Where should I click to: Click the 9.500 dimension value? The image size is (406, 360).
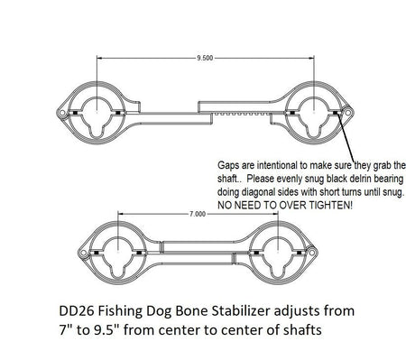tap(204, 58)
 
